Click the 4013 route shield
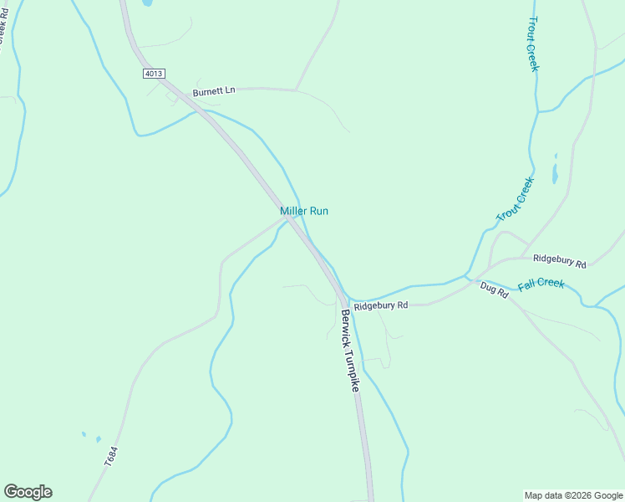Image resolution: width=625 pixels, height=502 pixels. tap(153, 74)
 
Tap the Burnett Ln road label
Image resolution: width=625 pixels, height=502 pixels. tap(214, 91)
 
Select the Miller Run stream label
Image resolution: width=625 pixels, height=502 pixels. tap(304, 211)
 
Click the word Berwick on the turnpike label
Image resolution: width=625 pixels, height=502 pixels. tap(347, 330)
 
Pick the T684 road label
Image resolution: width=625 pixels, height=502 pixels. tap(111, 456)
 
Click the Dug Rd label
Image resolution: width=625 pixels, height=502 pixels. tap(495, 290)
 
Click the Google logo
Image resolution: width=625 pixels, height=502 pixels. tap(28, 492)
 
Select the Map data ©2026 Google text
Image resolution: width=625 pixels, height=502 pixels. tap(573, 495)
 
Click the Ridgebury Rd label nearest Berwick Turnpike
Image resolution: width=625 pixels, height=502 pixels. tap(380, 306)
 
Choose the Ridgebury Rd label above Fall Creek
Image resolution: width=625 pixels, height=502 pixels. tap(560, 262)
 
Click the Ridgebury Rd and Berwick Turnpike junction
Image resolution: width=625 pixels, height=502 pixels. tap(345, 300)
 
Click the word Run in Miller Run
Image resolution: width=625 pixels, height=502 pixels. tap(318, 211)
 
